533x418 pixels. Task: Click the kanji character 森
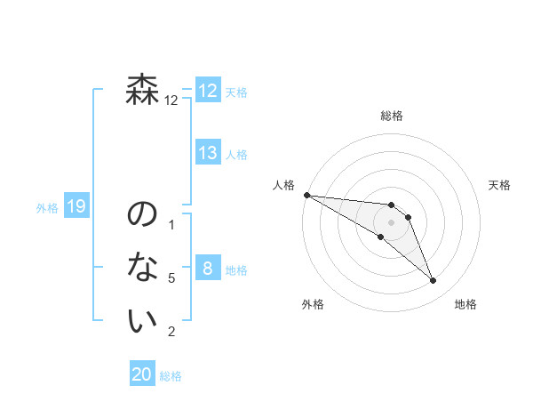(x=143, y=91)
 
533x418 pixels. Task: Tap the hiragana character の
(x=143, y=215)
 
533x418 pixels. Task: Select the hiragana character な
(x=143, y=267)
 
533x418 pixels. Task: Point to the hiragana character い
(x=143, y=321)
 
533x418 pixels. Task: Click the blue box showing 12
(x=208, y=91)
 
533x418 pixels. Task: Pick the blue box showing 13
(x=208, y=153)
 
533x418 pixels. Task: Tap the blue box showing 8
(x=208, y=269)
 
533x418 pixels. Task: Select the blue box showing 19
(x=76, y=207)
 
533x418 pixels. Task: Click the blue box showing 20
(x=142, y=374)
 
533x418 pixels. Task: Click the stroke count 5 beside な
(x=171, y=278)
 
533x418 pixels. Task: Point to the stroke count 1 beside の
(x=171, y=224)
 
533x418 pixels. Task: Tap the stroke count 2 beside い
(x=171, y=332)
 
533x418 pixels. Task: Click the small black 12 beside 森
(x=171, y=100)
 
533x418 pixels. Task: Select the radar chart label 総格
(x=392, y=116)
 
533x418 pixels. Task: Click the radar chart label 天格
(x=500, y=185)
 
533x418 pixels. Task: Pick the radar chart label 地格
(x=465, y=304)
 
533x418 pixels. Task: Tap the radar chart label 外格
(x=313, y=304)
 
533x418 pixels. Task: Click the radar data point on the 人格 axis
(x=306, y=195)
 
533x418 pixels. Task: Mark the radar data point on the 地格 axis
(x=434, y=281)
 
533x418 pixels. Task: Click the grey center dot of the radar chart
(x=392, y=222)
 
